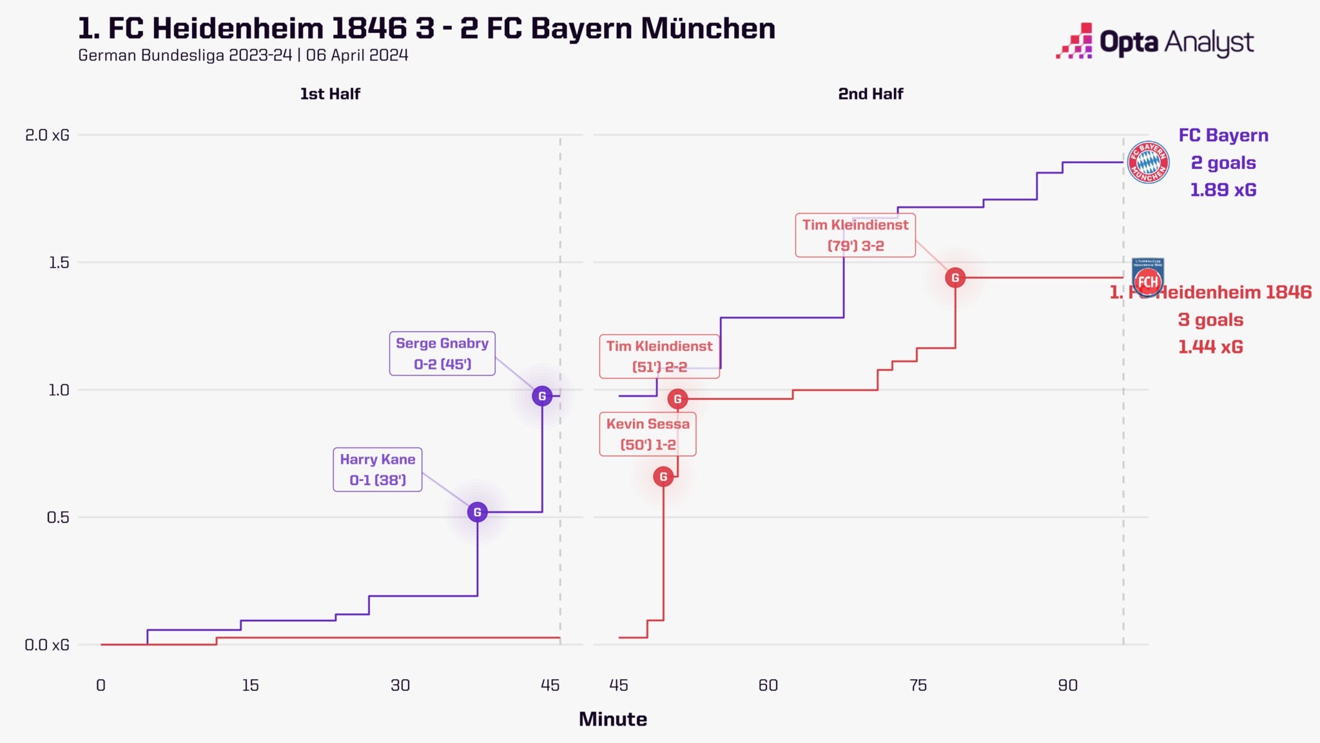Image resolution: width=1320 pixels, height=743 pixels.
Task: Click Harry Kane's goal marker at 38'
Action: (x=477, y=512)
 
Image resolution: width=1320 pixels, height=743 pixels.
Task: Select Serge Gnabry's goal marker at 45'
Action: (x=542, y=396)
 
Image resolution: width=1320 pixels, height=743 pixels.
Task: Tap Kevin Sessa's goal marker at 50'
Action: (x=663, y=477)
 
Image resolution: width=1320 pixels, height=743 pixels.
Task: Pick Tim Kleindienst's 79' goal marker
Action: (x=955, y=278)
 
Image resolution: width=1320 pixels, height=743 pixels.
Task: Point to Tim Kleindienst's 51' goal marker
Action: (x=677, y=399)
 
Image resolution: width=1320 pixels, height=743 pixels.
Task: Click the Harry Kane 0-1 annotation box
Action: (x=378, y=470)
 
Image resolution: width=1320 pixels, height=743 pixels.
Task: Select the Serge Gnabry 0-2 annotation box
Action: (x=442, y=353)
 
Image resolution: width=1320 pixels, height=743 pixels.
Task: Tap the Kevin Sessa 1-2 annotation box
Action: (x=648, y=434)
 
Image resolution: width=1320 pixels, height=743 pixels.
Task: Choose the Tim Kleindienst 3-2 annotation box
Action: (x=855, y=235)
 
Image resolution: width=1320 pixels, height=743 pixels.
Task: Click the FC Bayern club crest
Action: (x=1148, y=163)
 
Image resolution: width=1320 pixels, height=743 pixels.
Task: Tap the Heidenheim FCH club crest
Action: (x=1148, y=278)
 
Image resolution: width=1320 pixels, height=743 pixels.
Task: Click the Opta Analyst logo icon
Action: (x=1075, y=41)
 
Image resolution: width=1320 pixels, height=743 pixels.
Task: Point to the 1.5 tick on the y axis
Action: (x=59, y=263)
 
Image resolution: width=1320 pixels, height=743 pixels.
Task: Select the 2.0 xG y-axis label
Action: (x=47, y=135)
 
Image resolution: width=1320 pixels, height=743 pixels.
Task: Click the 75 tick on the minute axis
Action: (x=918, y=685)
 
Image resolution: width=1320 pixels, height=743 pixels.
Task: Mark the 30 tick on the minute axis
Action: (x=400, y=685)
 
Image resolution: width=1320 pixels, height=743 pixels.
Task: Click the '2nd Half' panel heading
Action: (x=870, y=94)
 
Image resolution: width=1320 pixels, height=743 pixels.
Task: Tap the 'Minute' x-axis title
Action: (x=612, y=719)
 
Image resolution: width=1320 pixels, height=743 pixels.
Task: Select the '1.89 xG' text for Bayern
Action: (x=1223, y=190)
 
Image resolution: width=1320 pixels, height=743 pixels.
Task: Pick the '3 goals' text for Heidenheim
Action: (x=1210, y=320)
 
